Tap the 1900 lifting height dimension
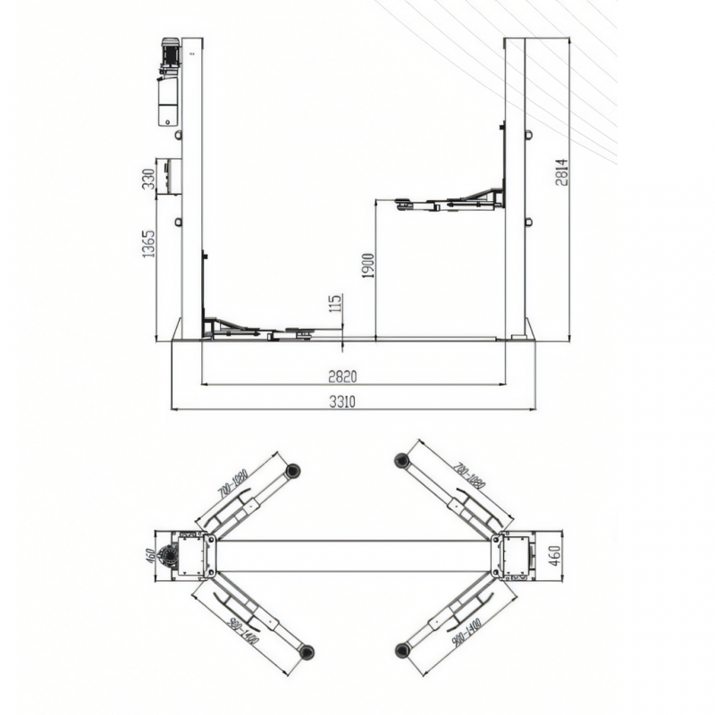(x=367, y=265)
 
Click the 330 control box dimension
(x=148, y=179)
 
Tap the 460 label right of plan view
(x=555, y=555)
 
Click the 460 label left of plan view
(x=151, y=556)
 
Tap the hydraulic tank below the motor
(x=168, y=100)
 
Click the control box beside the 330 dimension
(x=169, y=176)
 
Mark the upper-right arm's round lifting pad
(x=401, y=461)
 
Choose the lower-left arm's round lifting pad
(x=307, y=649)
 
